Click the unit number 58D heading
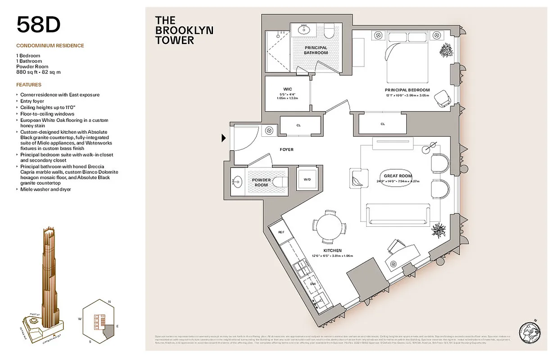point(39,25)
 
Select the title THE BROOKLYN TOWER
point(184,30)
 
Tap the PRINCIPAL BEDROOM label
point(407,90)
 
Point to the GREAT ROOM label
point(398,176)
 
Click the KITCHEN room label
point(332,251)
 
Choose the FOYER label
point(286,149)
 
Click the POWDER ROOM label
point(261,183)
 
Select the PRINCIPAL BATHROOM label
point(316,50)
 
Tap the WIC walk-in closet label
point(287,89)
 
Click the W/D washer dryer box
point(307,179)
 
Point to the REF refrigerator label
point(281,232)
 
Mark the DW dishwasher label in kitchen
point(312,284)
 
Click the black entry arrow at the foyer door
point(224,138)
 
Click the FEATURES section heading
point(29,85)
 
